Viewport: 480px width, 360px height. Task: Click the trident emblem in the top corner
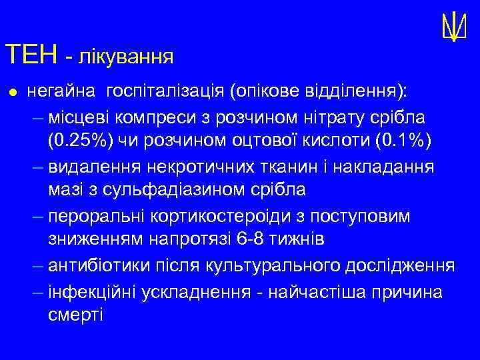[453, 27]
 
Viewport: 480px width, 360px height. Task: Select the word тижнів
[295, 239]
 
